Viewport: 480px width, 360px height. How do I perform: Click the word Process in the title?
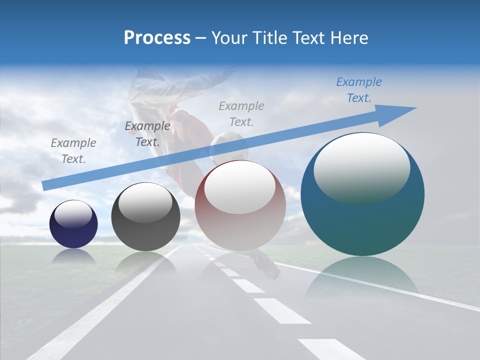157,38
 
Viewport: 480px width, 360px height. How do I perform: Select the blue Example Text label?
359,90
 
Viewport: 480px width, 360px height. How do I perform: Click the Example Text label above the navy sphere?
73,150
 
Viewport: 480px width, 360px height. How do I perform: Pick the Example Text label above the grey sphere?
147,134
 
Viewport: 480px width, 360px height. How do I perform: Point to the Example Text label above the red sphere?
241,113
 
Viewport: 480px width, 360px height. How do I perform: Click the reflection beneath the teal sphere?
361,275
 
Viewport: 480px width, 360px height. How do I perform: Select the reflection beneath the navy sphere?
73,256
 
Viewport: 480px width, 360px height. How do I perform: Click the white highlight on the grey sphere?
145,204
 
